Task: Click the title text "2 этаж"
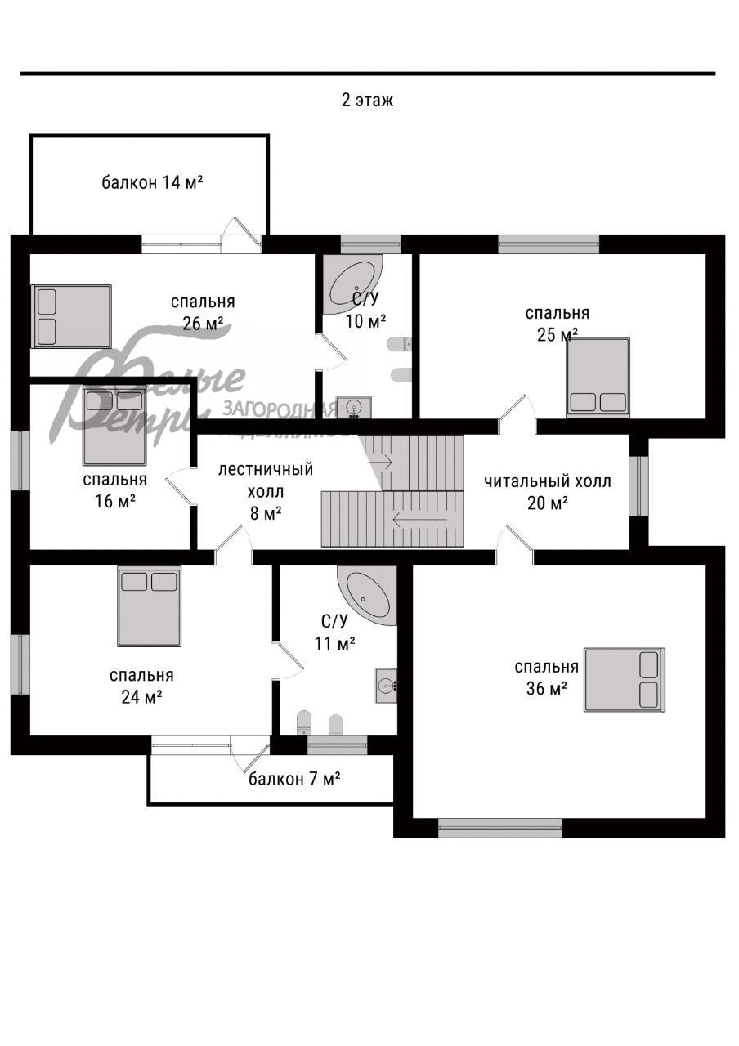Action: (x=367, y=101)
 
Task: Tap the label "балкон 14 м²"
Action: (x=152, y=182)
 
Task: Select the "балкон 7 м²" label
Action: (x=294, y=779)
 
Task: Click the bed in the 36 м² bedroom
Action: (x=625, y=680)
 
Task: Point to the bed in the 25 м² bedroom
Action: (x=598, y=377)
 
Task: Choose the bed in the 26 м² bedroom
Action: (x=71, y=316)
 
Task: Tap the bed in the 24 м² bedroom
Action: (x=149, y=606)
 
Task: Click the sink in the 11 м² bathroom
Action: (x=386, y=685)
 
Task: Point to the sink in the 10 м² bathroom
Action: (x=354, y=407)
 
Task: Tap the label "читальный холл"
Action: (x=547, y=481)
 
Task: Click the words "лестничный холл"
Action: (x=265, y=481)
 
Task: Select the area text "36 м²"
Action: (x=547, y=689)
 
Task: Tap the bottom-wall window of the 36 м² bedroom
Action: (x=499, y=827)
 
